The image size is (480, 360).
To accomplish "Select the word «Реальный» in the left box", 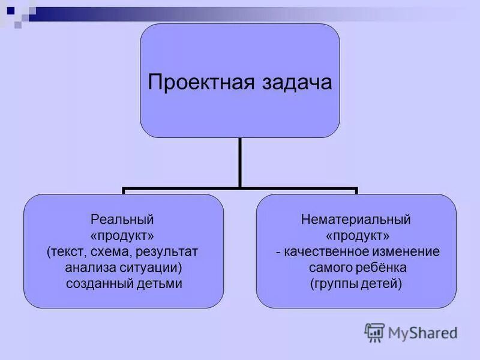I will pyautogui.click(x=123, y=219).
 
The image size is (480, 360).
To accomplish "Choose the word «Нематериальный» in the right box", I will pyautogui.click(x=356, y=219).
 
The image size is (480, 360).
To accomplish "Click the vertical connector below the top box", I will pyautogui.click(x=240, y=162).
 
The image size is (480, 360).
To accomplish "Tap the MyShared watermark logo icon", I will pyautogui.click(x=374, y=332).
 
